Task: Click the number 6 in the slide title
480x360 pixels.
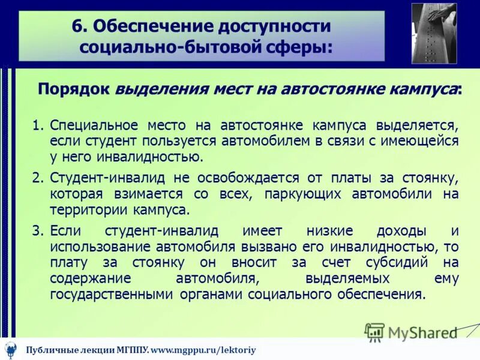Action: click(x=77, y=27)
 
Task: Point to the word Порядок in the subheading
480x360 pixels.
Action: click(x=73, y=89)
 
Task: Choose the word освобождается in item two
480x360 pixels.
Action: click(x=240, y=178)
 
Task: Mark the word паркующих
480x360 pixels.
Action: click(x=285, y=194)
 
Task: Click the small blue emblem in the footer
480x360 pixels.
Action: click(x=10, y=349)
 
